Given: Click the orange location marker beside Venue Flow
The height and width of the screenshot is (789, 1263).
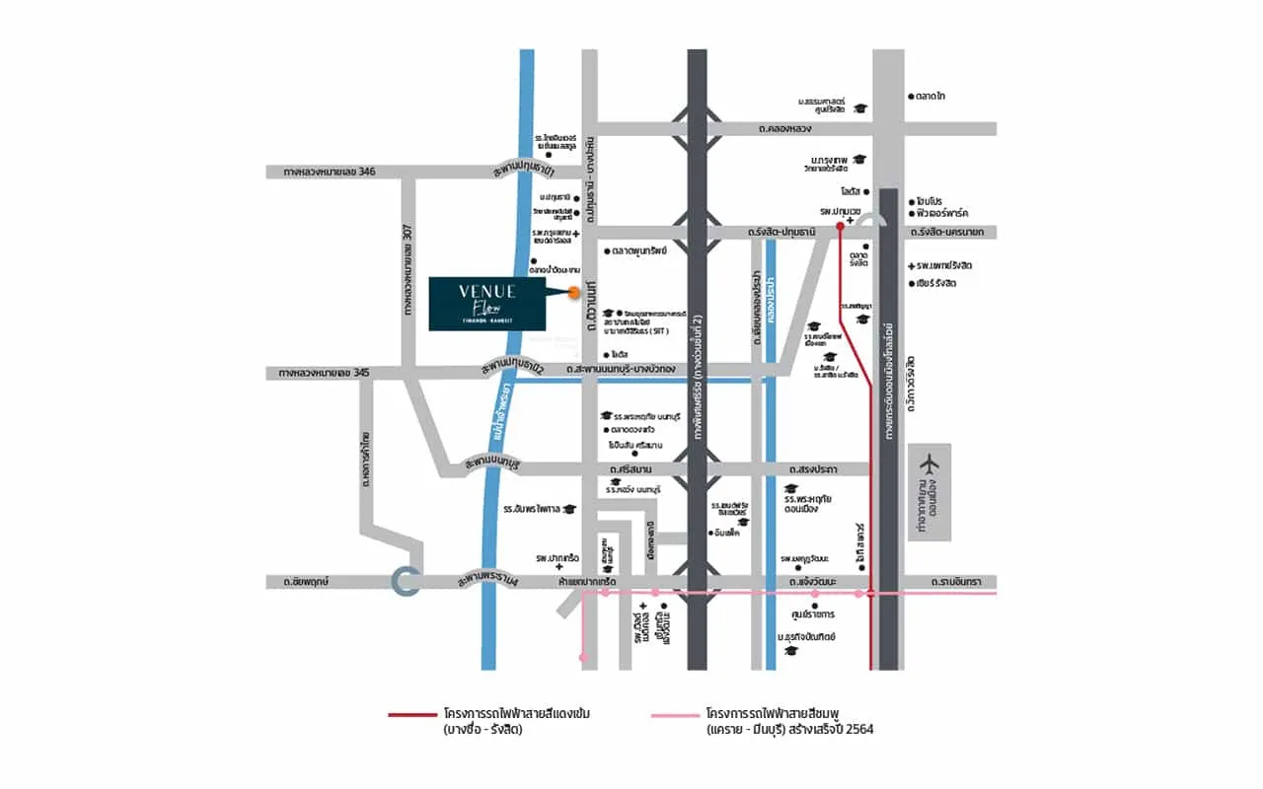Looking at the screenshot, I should (573, 290).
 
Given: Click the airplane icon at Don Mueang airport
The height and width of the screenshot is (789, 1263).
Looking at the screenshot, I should (929, 463).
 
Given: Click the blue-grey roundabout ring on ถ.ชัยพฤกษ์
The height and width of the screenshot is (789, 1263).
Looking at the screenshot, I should (406, 582).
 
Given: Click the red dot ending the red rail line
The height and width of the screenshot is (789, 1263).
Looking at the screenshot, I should (840, 226).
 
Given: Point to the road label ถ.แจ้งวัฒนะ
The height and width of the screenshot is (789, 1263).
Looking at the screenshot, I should (814, 582).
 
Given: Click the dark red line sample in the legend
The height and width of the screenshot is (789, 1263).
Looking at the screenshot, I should (411, 713).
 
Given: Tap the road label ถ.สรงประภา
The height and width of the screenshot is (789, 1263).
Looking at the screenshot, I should (813, 469).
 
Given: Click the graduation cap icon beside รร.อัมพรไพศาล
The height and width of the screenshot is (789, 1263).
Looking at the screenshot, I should (569, 509).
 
